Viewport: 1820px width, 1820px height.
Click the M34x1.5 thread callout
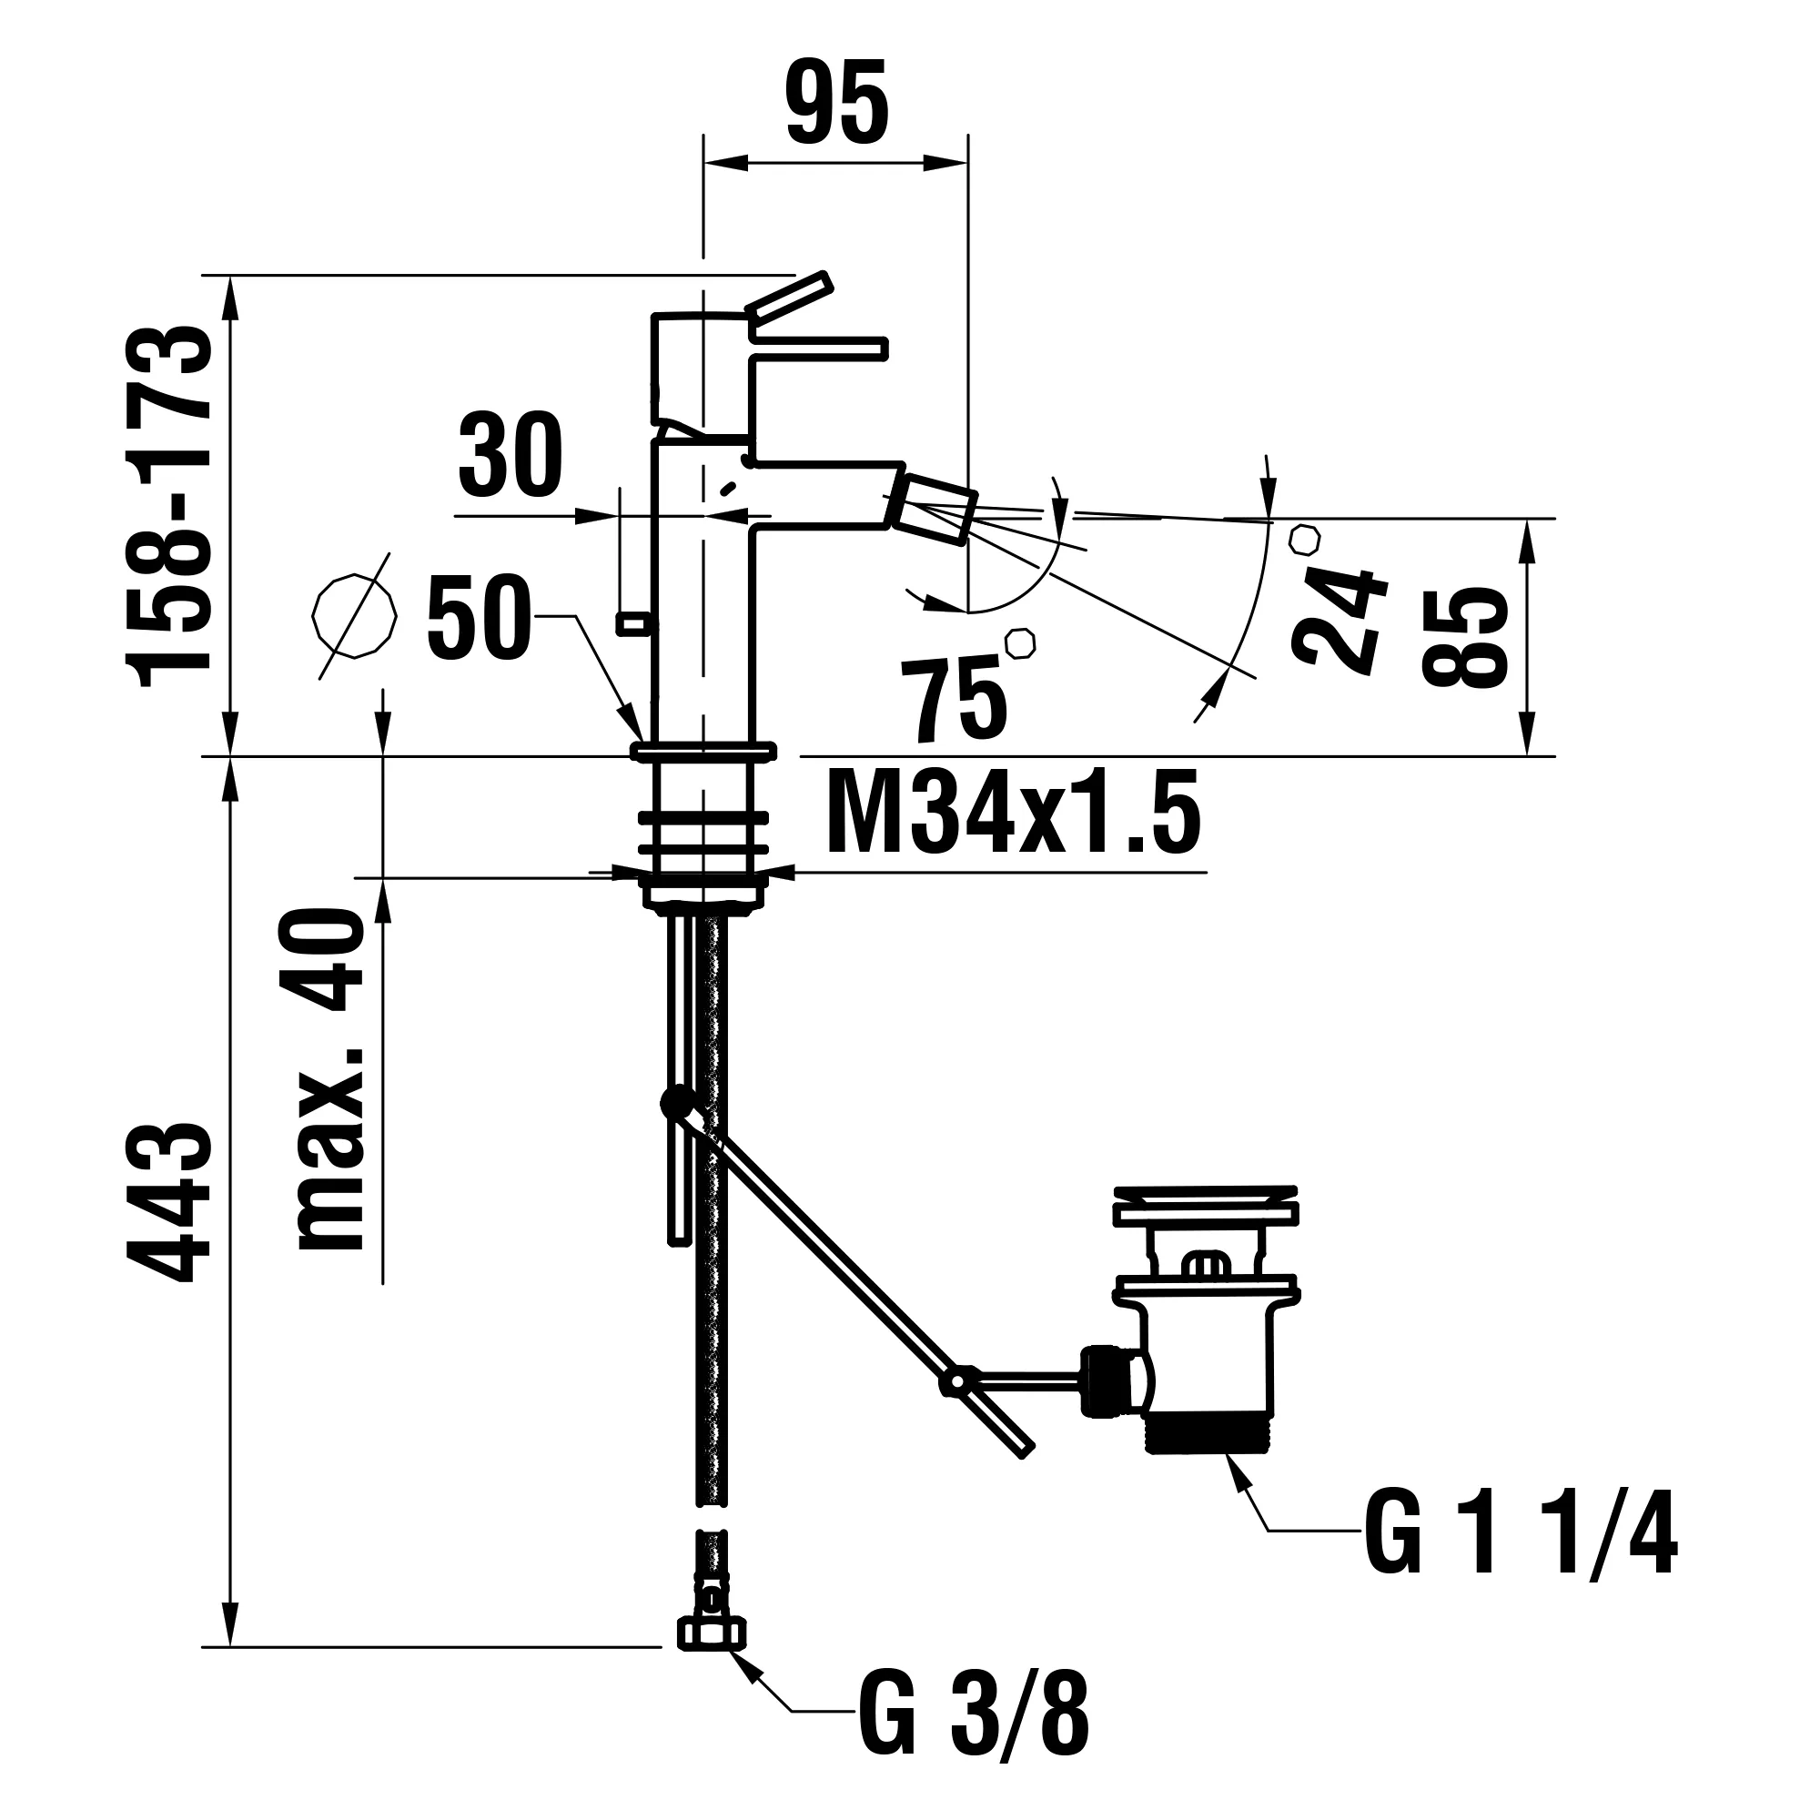tap(1014, 812)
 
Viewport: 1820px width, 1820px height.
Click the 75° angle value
tap(954, 699)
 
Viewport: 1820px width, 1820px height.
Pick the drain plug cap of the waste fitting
tap(1205, 1206)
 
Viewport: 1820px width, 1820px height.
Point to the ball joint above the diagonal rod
tap(674, 1100)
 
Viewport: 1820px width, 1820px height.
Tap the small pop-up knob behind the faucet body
tap(635, 622)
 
